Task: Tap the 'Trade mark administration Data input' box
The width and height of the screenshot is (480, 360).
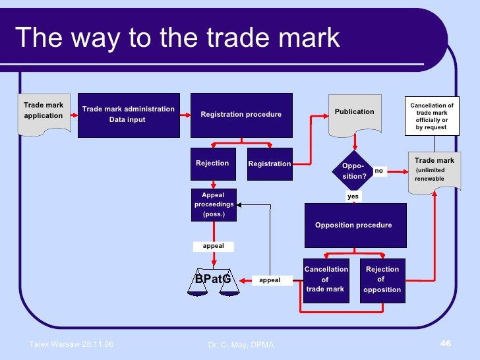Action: tap(128, 115)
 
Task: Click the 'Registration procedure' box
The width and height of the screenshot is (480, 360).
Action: tap(241, 115)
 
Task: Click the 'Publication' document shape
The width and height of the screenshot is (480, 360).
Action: tap(355, 113)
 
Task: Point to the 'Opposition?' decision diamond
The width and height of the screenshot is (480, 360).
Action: tap(355, 171)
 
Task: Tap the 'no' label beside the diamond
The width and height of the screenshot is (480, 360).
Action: tap(379, 171)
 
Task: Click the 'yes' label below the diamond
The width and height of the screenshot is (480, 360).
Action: tap(353, 196)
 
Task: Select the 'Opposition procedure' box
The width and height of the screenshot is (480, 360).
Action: tap(353, 225)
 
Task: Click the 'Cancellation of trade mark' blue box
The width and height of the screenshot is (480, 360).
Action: tap(326, 280)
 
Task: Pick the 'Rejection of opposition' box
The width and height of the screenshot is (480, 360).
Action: tap(382, 280)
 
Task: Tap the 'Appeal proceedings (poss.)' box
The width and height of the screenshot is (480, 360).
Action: tap(213, 204)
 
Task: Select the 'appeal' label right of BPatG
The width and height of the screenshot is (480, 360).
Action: tap(270, 280)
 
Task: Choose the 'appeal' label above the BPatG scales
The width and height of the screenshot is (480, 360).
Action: tap(213, 246)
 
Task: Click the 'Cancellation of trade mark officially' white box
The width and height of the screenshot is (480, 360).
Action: tap(432, 116)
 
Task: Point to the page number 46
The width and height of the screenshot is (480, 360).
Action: tap(445, 344)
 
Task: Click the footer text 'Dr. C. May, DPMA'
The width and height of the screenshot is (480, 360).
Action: tap(240, 345)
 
